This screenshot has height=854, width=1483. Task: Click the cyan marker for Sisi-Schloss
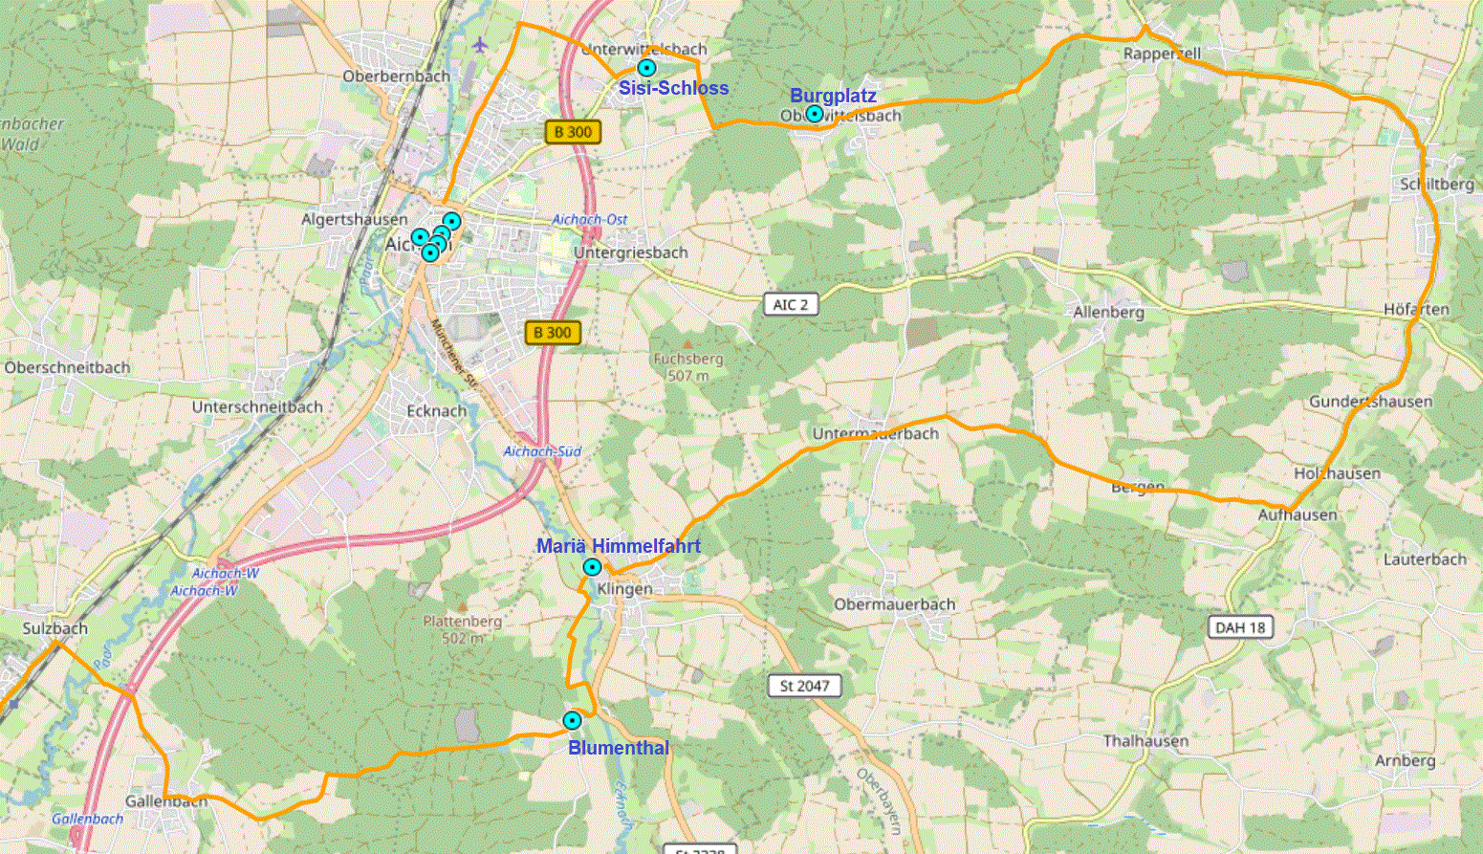(647, 68)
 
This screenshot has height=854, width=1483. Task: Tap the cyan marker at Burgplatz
(814, 114)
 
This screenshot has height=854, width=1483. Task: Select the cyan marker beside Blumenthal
(572, 720)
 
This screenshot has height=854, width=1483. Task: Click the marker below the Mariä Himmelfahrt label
(592, 567)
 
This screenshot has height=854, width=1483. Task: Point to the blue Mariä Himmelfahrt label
(618, 546)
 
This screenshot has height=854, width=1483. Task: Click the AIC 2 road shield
(791, 305)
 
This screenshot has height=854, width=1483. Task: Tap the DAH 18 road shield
(1240, 627)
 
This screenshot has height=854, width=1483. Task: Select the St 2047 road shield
(804, 686)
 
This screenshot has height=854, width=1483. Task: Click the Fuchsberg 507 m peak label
(688, 366)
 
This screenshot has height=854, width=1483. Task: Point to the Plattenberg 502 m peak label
(463, 628)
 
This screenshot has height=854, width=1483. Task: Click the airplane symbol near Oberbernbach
(480, 45)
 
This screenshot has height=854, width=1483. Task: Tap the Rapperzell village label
(1162, 55)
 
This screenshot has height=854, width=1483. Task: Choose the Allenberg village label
(1108, 313)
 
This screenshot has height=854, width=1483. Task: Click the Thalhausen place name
(1145, 741)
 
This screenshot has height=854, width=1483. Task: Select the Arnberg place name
(1406, 760)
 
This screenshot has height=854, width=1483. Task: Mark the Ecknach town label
(437, 411)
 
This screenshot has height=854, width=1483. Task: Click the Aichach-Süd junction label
(542, 451)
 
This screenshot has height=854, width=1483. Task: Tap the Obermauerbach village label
(894, 604)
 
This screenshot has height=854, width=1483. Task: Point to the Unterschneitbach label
(257, 406)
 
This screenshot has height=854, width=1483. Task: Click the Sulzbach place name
(55, 628)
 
